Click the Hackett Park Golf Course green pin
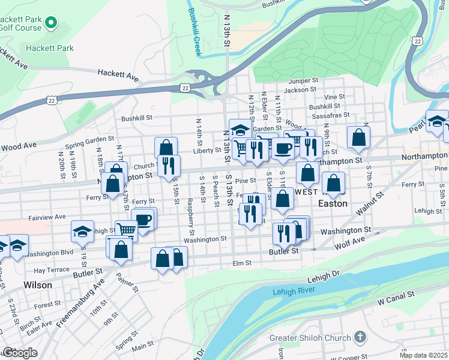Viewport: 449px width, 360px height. coord(50,24)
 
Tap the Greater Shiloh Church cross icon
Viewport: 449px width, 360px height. coord(360,337)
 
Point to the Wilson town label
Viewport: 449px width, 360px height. coord(37,285)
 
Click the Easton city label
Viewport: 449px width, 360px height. coord(333,203)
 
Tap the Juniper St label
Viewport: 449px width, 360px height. coord(303,80)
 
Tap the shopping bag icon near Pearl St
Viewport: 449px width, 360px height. coord(358,137)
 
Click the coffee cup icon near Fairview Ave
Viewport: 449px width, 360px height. coord(143,220)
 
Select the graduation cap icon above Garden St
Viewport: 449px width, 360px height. coord(240,130)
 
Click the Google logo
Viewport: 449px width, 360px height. coord(20,353)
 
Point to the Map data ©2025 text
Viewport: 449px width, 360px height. coord(423,355)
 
